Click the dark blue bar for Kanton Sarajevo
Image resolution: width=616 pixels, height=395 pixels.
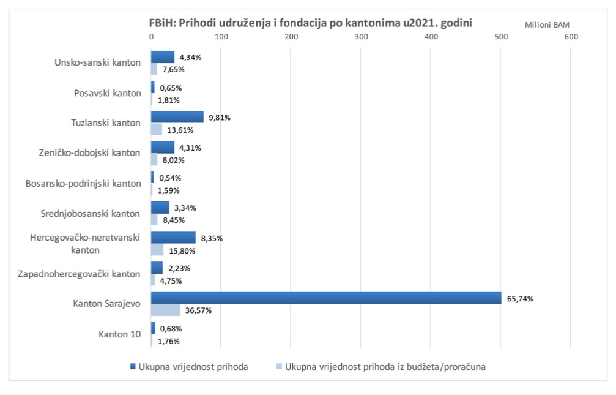pyautogui.click(x=326, y=298)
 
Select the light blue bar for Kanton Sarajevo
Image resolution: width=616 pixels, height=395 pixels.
pyautogui.click(x=166, y=310)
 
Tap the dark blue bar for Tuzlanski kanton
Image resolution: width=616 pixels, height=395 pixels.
pyautogui.click(x=177, y=117)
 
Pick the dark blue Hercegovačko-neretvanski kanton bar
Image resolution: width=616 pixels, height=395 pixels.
pyautogui.click(x=174, y=238)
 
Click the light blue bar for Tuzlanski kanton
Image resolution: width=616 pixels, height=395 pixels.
pyautogui.click(x=157, y=129)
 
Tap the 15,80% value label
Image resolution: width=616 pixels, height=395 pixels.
pyautogui.click(x=182, y=250)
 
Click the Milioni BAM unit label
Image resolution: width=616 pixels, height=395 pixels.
pyautogui.click(x=547, y=24)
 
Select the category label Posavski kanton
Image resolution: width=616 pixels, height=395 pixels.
pyautogui.click(x=107, y=93)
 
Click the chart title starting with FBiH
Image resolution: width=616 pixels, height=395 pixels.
pyautogui.click(x=311, y=22)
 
